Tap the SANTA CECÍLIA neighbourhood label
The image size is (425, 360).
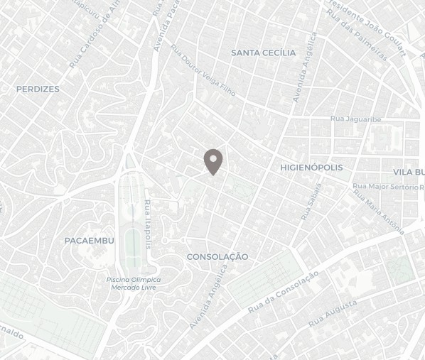[x=263, y=53]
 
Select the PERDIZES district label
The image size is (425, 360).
[x=38, y=89]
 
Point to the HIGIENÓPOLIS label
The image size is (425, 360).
[x=311, y=168]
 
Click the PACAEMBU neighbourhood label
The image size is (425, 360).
[x=89, y=241]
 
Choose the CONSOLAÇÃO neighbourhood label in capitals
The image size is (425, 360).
[x=217, y=256]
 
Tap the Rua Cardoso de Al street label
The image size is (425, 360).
[x=92, y=34]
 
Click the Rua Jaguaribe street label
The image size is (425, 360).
[x=356, y=119]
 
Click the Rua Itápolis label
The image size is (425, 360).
[x=148, y=224]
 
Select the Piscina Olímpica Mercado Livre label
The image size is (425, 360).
[x=134, y=283]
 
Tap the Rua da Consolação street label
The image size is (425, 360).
[x=283, y=293]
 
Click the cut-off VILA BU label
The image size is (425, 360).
[x=409, y=173]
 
